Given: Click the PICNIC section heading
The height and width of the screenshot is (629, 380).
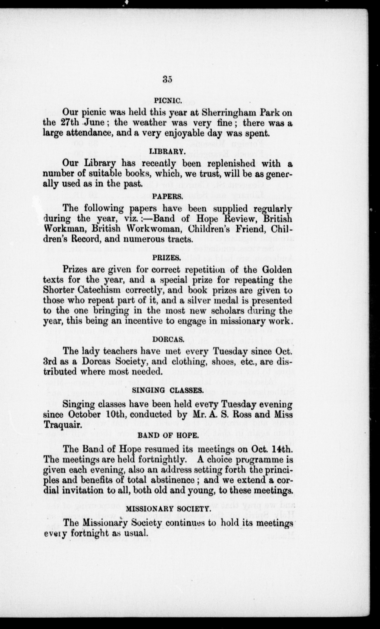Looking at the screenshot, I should tap(167, 101).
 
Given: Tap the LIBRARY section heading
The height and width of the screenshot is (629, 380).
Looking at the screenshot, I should tap(167, 152).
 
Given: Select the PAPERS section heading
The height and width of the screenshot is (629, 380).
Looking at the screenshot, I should tap(167, 196).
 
